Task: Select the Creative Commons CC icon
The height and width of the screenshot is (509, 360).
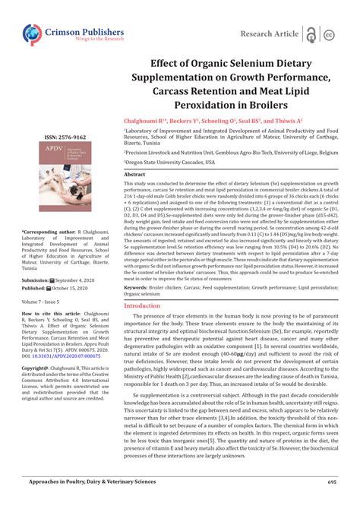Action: (330, 34)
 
